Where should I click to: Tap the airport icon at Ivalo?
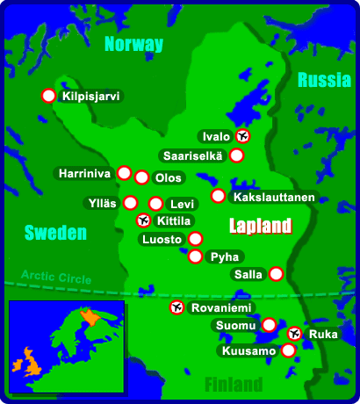244,136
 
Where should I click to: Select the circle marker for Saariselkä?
236,155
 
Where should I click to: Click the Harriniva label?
84,174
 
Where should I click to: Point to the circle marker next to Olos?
141,177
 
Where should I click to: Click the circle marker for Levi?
155,204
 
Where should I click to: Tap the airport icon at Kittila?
144,220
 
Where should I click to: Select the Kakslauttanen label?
273,197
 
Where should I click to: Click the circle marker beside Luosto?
195,238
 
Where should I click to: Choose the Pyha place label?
220,257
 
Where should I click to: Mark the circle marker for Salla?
276,274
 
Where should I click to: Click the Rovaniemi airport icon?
176,307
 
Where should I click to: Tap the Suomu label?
235,326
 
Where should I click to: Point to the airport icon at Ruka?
294,334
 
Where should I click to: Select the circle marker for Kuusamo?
287,350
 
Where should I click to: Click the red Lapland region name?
260,227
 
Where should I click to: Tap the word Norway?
133,45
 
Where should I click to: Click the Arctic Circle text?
56,278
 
